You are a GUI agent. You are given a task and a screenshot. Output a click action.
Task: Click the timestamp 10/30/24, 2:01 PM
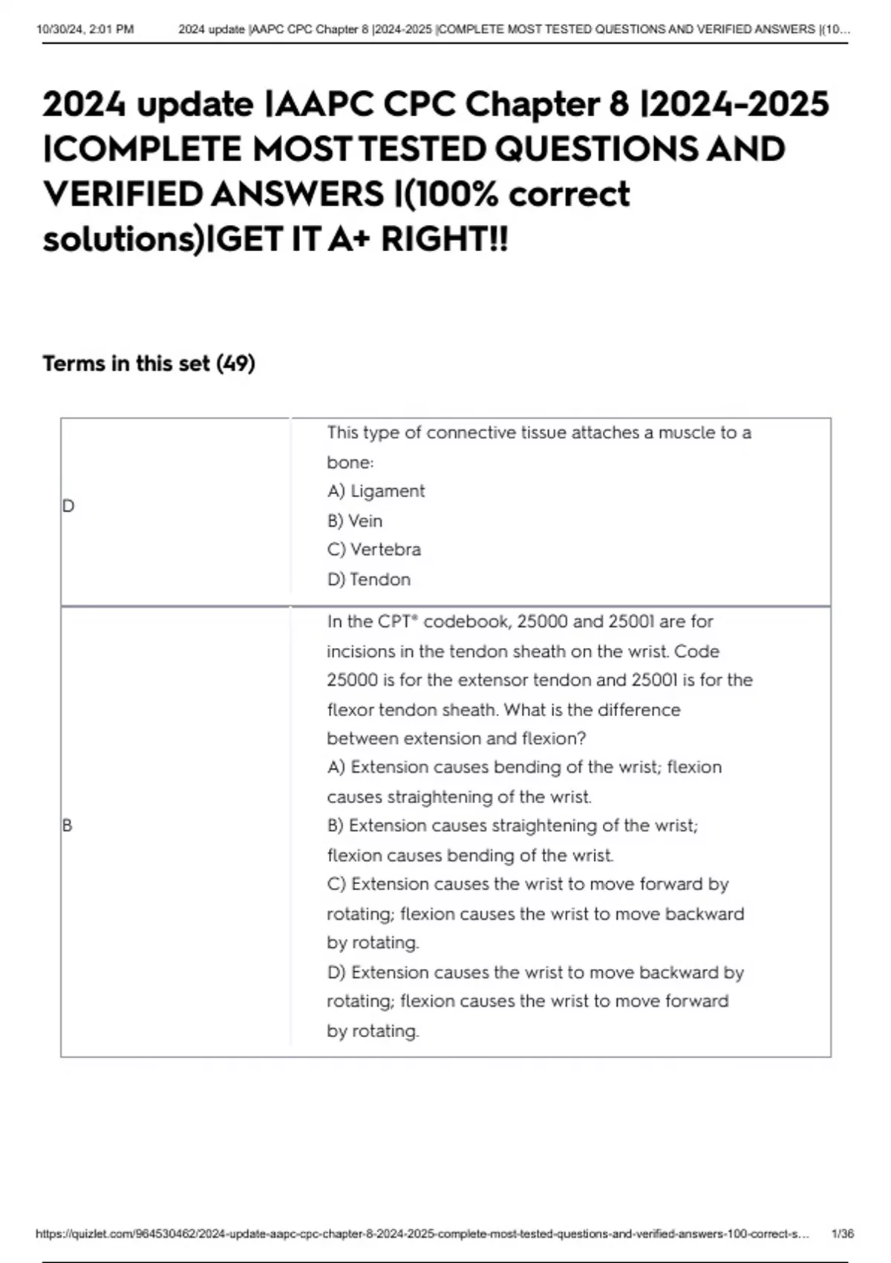click(x=85, y=30)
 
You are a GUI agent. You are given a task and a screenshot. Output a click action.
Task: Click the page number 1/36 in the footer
click(x=843, y=1234)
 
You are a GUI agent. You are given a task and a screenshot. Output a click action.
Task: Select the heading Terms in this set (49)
click(x=148, y=363)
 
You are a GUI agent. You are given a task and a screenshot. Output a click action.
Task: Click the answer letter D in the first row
click(x=68, y=506)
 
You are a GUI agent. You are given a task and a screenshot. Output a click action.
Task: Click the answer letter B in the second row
click(x=68, y=825)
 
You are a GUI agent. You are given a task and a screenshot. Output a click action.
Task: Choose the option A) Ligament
click(x=376, y=491)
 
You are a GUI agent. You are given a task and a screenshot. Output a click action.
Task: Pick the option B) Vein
click(x=355, y=521)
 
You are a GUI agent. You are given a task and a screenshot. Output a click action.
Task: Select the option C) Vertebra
click(x=374, y=550)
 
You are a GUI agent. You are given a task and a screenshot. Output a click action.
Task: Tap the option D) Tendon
click(x=369, y=579)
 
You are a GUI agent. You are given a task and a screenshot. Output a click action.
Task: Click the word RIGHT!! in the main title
click(x=444, y=239)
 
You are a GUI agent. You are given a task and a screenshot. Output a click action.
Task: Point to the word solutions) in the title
click(x=123, y=239)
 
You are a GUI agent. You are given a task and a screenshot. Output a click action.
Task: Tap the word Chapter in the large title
click(x=532, y=104)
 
